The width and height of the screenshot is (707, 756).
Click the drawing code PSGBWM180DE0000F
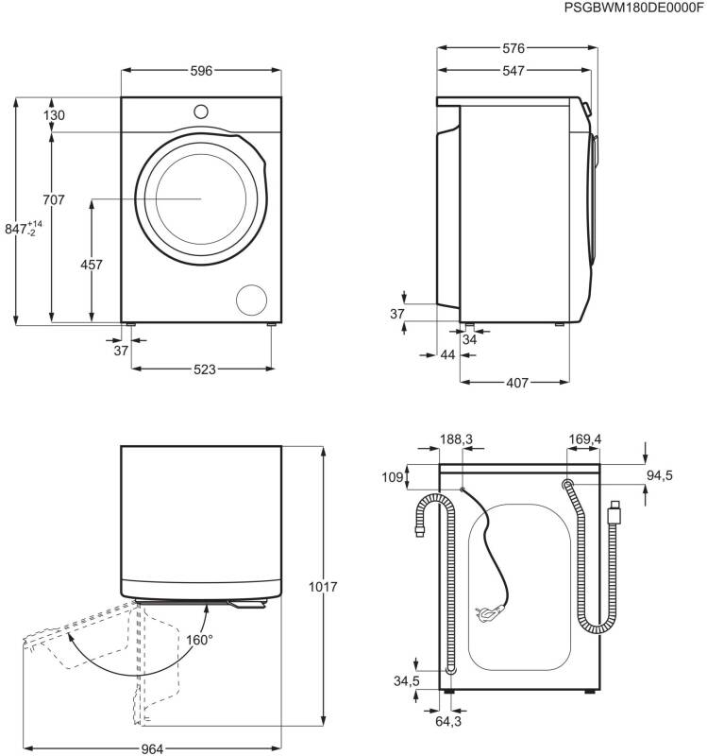pos(633,8)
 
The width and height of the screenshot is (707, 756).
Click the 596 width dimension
pos(201,71)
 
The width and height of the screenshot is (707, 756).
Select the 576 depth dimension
pos(513,48)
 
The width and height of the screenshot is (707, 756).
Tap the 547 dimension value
pos(513,71)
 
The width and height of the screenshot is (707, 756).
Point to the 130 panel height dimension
pos(54,115)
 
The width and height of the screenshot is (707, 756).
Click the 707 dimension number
pos(54,199)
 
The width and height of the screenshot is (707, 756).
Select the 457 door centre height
pos(91,265)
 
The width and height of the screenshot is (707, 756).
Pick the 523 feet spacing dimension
pos(205,369)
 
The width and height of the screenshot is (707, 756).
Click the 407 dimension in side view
pos(517,383)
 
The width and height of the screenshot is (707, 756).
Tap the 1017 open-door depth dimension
pos(323,587)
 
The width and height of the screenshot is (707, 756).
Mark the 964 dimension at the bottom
pos(152,748)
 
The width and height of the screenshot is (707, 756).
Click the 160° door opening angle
pos(199,640)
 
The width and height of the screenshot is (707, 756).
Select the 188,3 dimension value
pos(456,439)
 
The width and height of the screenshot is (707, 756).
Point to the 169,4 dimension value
pos(584,439)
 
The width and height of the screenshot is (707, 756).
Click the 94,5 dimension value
pos(659,475)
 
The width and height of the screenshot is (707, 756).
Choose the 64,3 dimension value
pos(448,721)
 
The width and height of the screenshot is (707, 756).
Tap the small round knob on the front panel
pos(201,112)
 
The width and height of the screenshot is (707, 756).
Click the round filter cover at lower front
pos(251,300)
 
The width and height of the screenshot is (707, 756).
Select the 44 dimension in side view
pos(447,355)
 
